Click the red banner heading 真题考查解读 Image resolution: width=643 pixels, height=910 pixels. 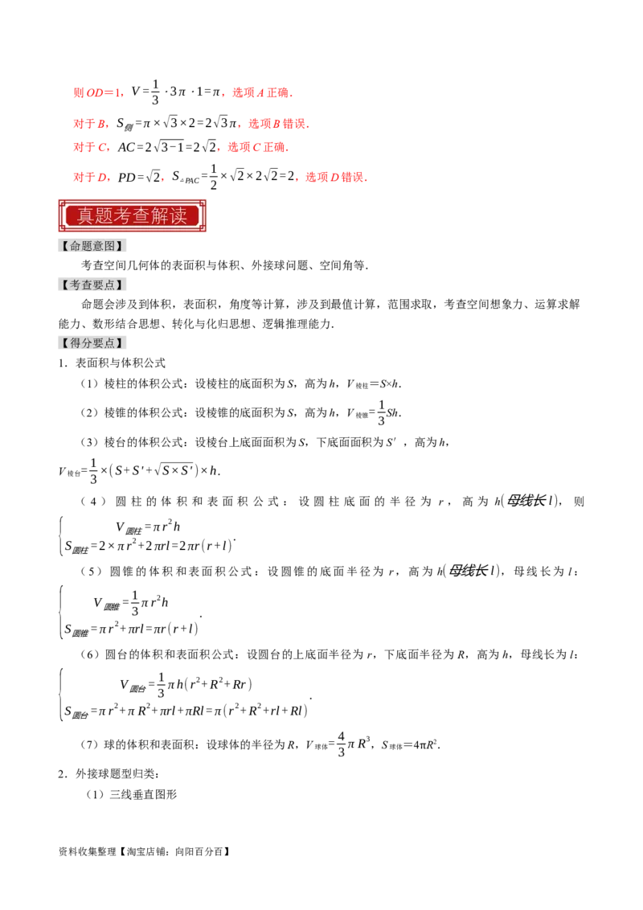click(133, 216)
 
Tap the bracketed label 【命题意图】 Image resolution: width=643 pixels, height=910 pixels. click(92, 246)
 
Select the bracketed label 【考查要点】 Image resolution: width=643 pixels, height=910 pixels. click(92, 285)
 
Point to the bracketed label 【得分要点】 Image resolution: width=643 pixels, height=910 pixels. click(92, 343)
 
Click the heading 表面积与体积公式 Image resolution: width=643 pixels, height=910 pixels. click(121, 363)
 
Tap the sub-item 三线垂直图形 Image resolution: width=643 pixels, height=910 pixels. click(143, 794)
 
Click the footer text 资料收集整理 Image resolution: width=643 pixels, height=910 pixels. click(88, 851)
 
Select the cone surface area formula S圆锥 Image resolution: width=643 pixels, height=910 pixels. click(131, 629)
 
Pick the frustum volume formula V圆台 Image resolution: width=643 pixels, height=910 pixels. click(186, 684)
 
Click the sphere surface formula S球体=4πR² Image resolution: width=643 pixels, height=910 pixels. click(410, 744)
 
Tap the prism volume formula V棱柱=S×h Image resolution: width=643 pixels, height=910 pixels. click(373, 383)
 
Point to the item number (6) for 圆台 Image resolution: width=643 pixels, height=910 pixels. click(90, 654)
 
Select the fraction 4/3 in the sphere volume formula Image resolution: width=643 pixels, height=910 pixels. click(341, 744)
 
